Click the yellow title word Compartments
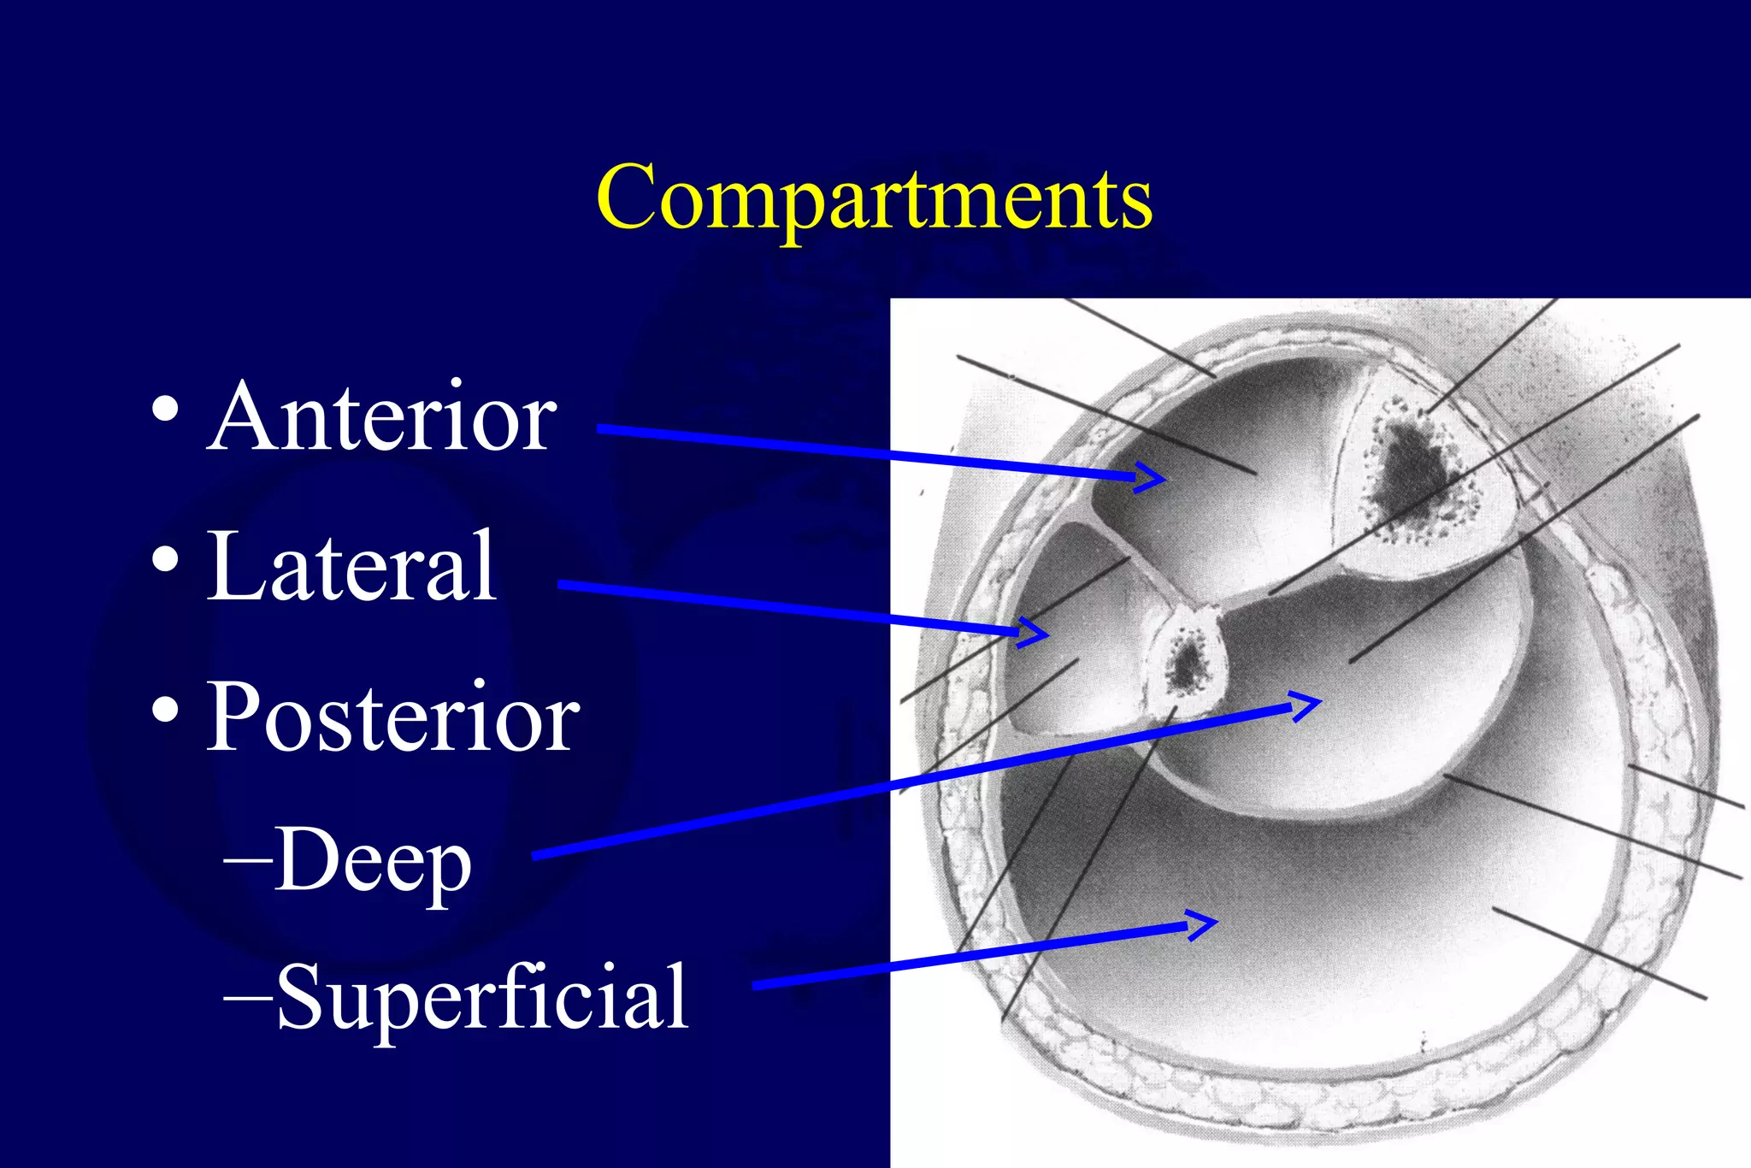coord(874,198)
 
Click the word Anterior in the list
coord(382,417)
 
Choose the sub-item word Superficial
coord(482,996)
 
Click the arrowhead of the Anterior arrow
coord(1154,477)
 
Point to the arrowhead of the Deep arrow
coord(1310,705)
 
